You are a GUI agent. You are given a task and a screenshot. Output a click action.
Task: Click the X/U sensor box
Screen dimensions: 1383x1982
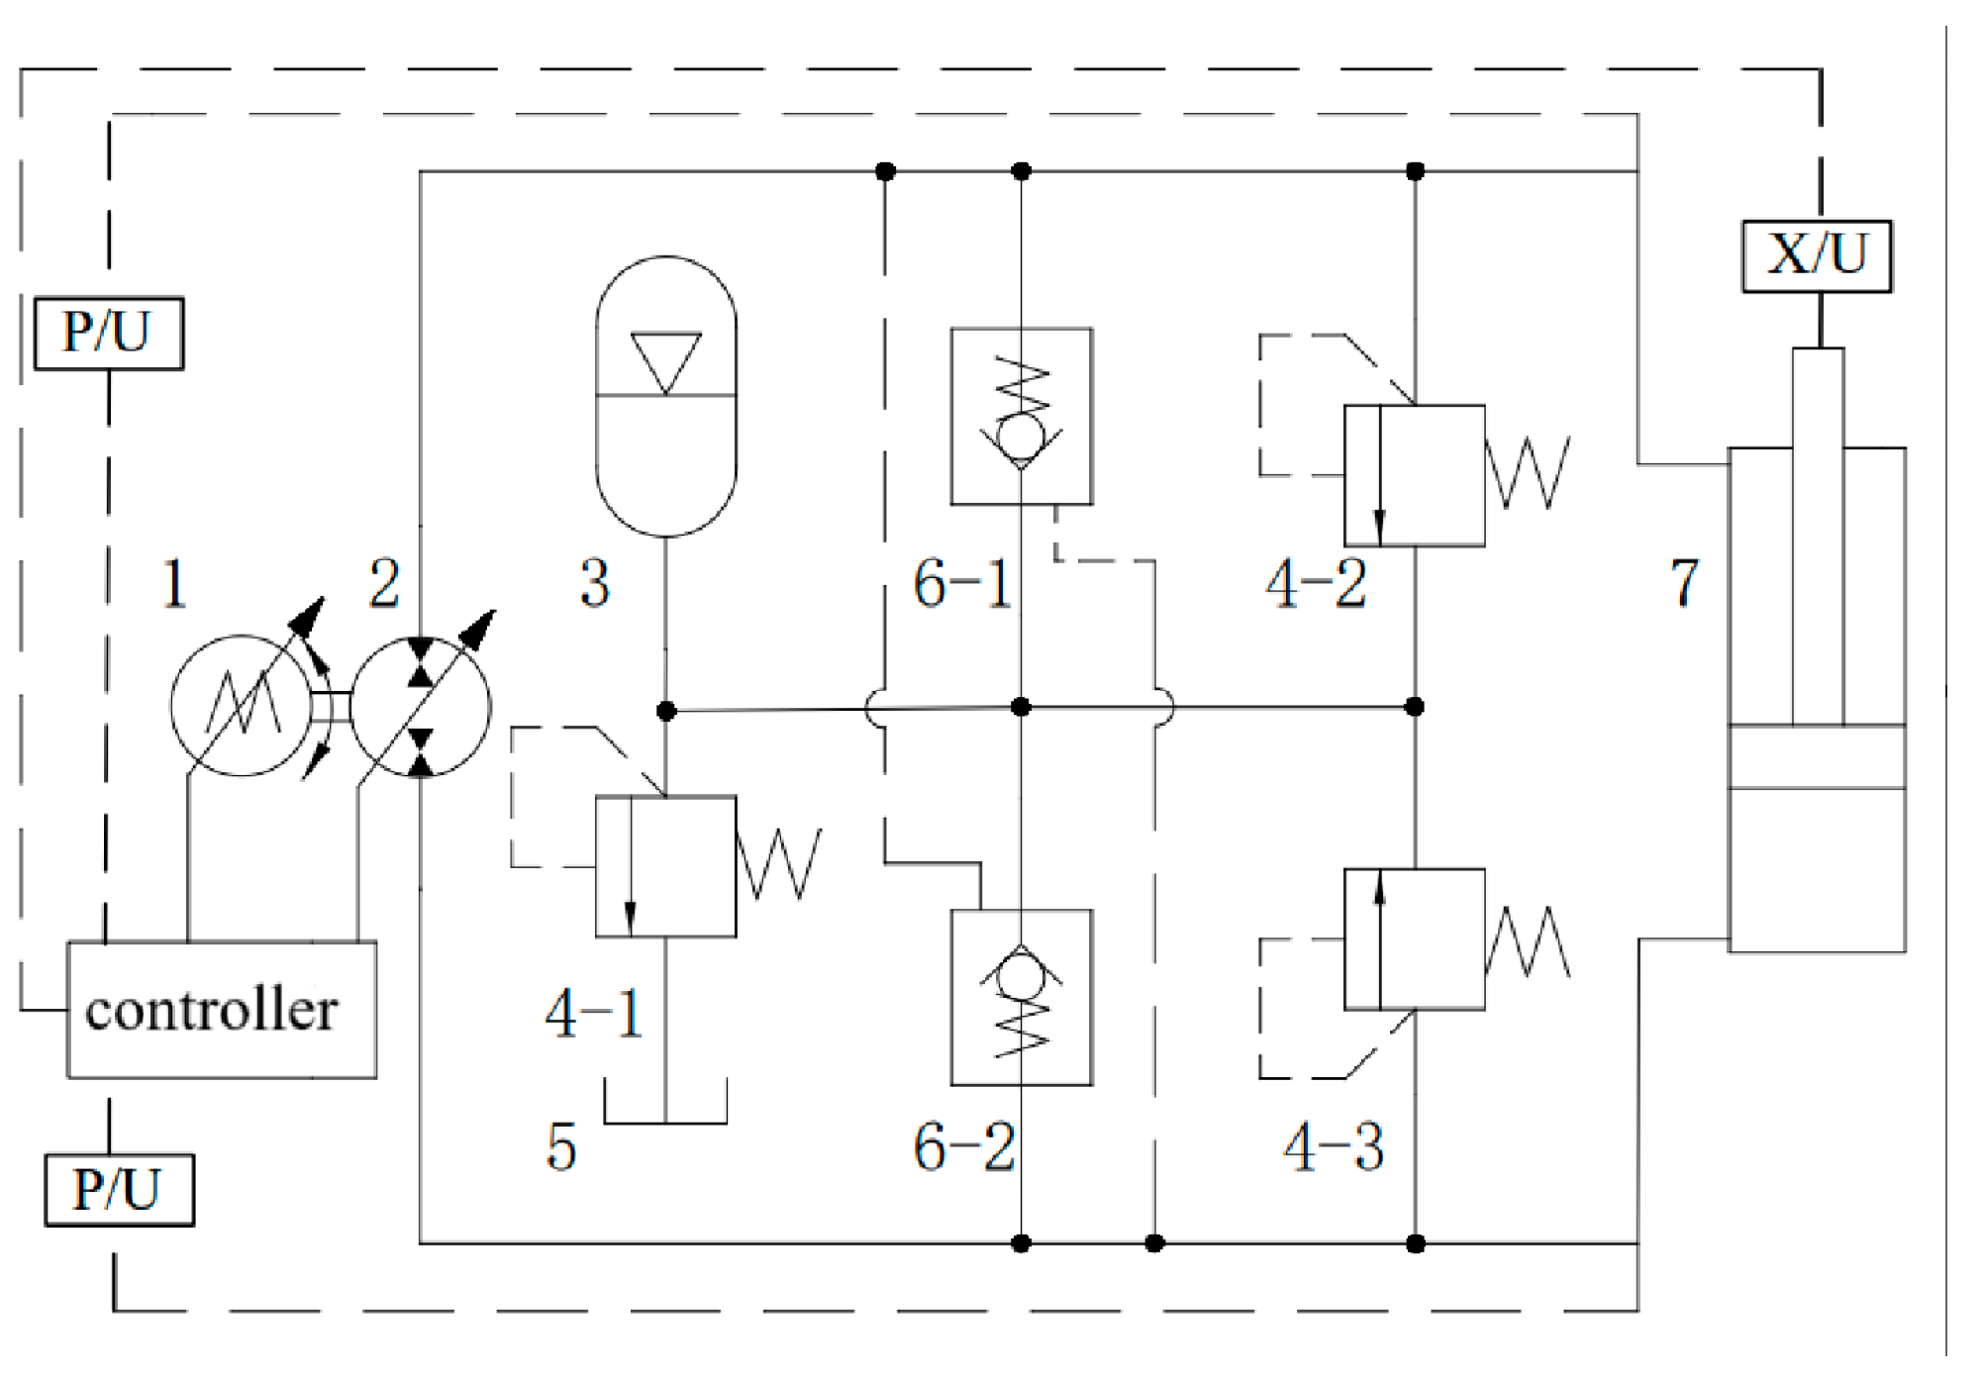(x=1816, y=255)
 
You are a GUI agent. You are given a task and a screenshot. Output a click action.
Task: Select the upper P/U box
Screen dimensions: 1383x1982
(x=108, y=333)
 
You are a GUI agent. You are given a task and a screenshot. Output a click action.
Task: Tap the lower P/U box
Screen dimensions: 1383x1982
(x=119, y=1189)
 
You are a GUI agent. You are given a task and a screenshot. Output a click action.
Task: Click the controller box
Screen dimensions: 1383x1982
(x=221, y=1009)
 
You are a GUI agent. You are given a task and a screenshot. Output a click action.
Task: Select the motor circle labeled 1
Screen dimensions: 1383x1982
(x=241, y=705)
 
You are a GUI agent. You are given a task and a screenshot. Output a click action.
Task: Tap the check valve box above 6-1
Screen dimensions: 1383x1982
(x=1021, y=416)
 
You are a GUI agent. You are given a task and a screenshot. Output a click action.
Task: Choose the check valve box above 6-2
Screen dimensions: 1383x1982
(x=1021, y=997)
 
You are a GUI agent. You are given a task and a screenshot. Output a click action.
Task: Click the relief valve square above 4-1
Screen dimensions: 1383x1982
(x=665, y=865)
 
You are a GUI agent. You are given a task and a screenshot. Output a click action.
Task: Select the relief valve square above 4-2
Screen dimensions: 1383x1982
(x=1414, y=475)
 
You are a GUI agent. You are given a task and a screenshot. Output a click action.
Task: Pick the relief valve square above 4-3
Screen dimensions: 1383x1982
(x=1414, y=938)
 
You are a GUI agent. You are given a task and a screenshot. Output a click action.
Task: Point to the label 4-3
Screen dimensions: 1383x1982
(x=1333, y=1147)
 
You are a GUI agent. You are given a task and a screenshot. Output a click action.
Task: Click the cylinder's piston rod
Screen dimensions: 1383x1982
(x=1817, y=535)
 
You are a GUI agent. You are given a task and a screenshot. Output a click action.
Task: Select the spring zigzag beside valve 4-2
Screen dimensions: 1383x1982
(x=1529, y=473)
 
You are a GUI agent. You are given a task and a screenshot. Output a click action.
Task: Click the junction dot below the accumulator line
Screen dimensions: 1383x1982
(x=666, y=710)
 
